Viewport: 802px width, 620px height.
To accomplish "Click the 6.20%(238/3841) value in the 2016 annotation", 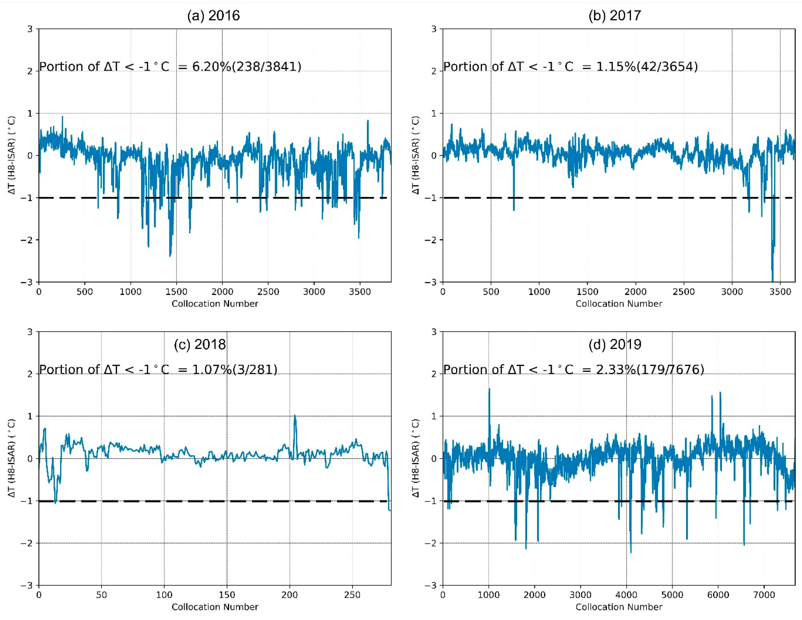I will [247, 67].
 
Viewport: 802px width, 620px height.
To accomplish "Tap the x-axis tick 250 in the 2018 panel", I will [352, 595].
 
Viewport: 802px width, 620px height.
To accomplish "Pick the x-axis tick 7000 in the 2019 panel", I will [764, 595].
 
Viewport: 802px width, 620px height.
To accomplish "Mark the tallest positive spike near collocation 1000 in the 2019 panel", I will [489, 389].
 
